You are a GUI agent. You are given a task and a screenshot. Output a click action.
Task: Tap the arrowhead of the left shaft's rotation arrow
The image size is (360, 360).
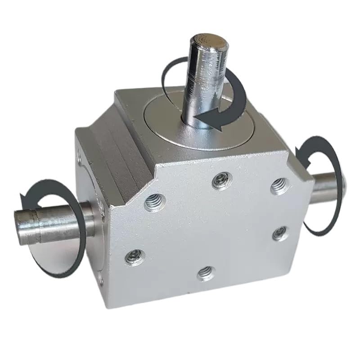coord(25,198)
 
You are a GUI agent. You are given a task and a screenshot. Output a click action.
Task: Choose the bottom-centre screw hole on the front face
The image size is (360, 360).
coord(206,272)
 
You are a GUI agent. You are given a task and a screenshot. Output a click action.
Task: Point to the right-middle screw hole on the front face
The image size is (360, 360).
coord(280,232)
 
